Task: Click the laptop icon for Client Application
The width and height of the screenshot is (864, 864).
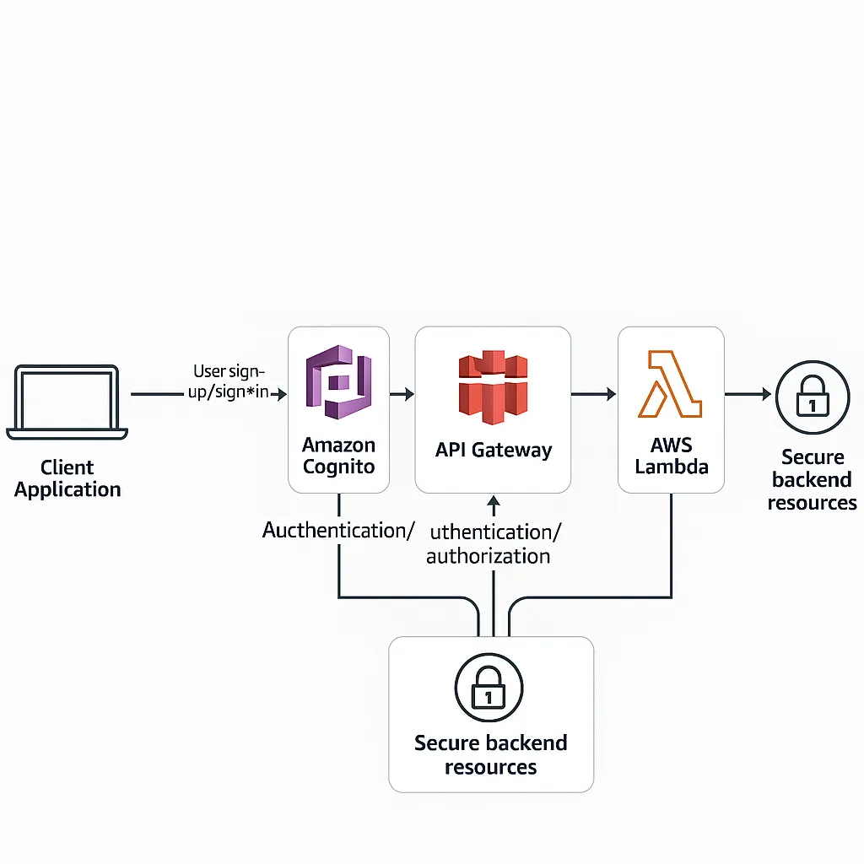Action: tap(67, 402)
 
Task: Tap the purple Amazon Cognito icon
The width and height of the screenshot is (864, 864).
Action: tap(337, 381)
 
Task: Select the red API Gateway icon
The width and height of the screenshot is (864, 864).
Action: tap(492, 387)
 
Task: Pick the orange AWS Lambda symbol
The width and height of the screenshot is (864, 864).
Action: tap(670, 385)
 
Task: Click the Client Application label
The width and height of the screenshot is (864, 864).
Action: tap(67, 478)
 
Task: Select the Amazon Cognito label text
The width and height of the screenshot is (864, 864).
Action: tap(338, 456)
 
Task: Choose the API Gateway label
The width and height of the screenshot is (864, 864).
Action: tap(493, 450)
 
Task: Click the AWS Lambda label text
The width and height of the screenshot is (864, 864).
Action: tap(671, 456)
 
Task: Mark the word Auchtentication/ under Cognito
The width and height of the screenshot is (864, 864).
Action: tap(338, 531)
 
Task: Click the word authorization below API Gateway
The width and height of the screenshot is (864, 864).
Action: tap(488, 556)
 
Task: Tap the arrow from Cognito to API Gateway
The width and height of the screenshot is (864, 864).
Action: tap(402, 394)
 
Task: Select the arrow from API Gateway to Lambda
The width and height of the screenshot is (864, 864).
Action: tap(594, 394)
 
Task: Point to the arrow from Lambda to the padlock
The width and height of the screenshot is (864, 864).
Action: tap(748, 394)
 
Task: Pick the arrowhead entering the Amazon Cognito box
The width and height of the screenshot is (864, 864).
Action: tap(282, 394)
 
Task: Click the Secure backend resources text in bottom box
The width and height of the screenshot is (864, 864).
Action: tap(490, 755)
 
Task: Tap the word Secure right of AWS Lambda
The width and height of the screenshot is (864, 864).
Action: tap(812, 457)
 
